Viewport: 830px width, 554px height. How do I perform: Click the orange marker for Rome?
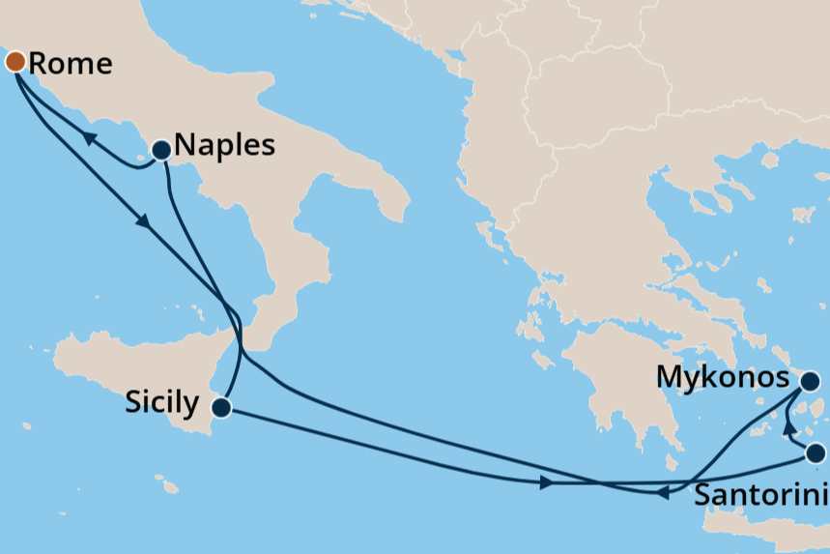pyautogui.click(x=15, y=62)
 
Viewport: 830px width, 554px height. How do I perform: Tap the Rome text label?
pyautogui.click(x=71, y=64)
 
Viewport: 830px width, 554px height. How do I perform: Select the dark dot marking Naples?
pyautogui.click(x=160, y=150)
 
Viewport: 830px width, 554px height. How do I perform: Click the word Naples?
pyautogui.click(x=224, y=146)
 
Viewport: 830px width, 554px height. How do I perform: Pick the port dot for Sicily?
pyautogui.click(x=221, y=407)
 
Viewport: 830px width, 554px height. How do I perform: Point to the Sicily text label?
pyautogui.click(x=162, y=402)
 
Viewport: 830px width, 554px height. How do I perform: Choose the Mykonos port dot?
pyautogui.click(x=810, y=381)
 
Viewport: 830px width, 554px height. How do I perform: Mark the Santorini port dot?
pyautogui.click(x=816, y=452)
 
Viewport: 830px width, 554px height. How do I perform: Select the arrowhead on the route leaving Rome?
pyautogui.click(x=144, y=221)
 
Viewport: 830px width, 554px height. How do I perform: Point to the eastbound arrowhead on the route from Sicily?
pyautogui.click(x=547, y=482)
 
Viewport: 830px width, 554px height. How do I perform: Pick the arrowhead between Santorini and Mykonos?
pyautogui.click(x=788, y=428)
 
